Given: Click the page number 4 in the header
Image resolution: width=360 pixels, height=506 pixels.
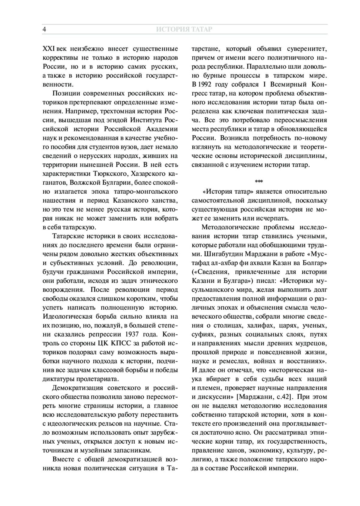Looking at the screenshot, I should click(44, 29).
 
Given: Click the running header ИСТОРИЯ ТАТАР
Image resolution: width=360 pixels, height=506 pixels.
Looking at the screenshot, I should click(184, 29).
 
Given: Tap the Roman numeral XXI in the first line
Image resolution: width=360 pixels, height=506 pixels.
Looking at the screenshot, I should click(48, 49).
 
